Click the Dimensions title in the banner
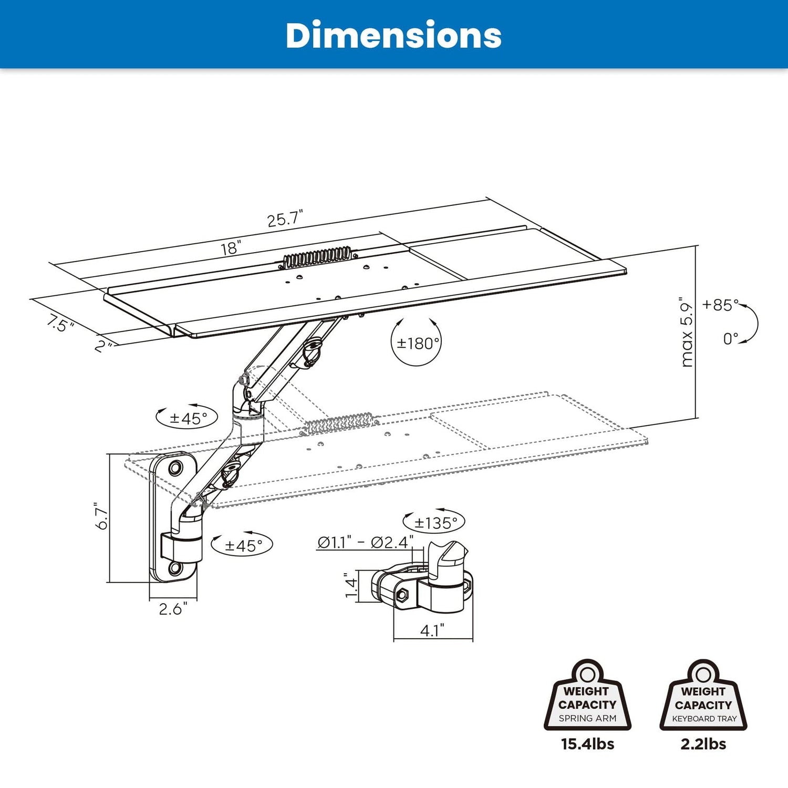(393, 35)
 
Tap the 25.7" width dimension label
(285, 219)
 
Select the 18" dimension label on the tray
(231, 248)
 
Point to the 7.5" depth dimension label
(59, 323)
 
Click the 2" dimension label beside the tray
(103, 346)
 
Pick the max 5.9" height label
(687, 332)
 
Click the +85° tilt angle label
(720, 305)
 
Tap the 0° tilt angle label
(730, 339)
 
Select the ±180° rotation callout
(418, 344)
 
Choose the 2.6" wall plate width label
(173, 609)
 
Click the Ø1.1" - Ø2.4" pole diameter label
(365, 542)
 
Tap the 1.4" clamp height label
(351, 585)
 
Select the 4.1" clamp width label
(432, 630)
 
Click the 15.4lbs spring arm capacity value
(587, 744)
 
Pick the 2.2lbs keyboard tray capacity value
(703, 744)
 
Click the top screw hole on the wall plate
(175, 466)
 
